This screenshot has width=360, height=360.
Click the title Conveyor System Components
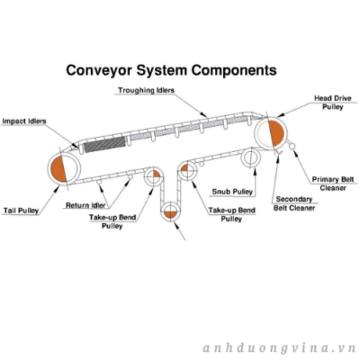click(x=171, y=71)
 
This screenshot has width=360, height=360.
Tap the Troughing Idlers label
click(x=146, y=90)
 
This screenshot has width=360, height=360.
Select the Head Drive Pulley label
click(x=332, y=103)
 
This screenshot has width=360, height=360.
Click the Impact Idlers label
click(x=24, y=121)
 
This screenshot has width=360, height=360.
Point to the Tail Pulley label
click(x=21, y=211)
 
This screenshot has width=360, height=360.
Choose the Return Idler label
click(x=85, y=205)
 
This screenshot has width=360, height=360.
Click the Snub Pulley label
click(x=232, y=192)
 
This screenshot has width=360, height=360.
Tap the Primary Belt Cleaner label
click(x=333, y=184)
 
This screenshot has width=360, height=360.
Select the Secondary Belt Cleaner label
click(x=294, y=203)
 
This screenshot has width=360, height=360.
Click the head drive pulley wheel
click(x=271, y=132)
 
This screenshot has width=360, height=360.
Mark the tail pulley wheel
click(x=64, y=169)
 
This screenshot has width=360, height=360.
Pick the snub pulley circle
click(x=250, y=157)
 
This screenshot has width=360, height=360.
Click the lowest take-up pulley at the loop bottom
click(x=170, y=211)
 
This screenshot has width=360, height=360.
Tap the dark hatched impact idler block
click(x=103, y=144)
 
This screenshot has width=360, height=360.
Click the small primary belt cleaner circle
click(x=292, y=146)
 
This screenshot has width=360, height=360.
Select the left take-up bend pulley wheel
click(x=154, y=176)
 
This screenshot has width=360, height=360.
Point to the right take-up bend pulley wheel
click(x=187, y=170)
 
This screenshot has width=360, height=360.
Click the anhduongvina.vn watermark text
click(x=279, y=348)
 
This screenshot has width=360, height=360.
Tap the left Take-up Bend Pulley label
click(x=112, y=221)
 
